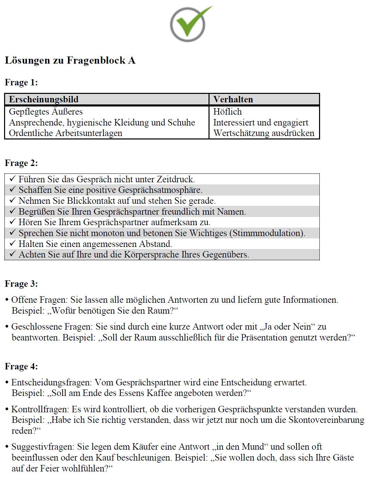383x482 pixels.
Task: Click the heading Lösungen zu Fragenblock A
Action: [x=70, y=61]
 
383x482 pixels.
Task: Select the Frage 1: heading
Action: [x=21, y=83]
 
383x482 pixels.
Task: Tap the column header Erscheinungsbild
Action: [x=44, y=99]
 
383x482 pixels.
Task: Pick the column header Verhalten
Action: [x=233, y=99]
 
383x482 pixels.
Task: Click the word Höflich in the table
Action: [x=227, y=112]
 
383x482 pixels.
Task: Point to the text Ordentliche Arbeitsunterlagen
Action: [x=65, y=133]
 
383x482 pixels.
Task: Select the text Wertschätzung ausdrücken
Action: [x=264, y=133]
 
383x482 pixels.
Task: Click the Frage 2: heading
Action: [x=21, y=163]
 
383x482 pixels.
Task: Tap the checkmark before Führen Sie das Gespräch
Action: [x=13, y=179]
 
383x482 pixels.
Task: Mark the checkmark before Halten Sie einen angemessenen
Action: [x=13, y=244]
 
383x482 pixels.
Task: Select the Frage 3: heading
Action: [x=21, y=284]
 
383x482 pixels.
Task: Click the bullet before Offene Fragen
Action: [x=7, y=300]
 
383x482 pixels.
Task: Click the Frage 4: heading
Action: [x=21, y=367]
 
